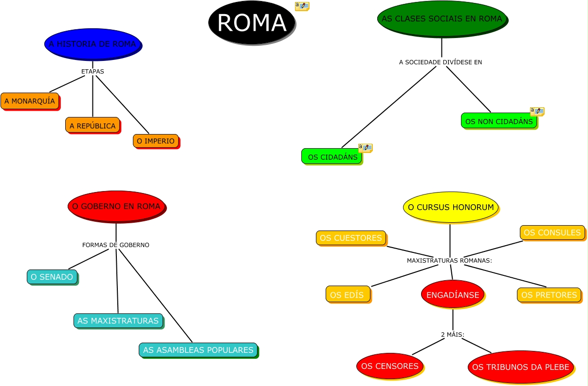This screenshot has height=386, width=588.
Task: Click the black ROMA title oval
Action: pyautogui.click(x=252, y=22)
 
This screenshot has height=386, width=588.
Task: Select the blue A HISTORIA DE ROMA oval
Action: pyautogui.click(x=92, y=44)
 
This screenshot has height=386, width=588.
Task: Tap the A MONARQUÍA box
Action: pyautogui.click(x=30, y=101)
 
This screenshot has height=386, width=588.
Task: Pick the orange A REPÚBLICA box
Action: pyautogui.click(x=92, y=125)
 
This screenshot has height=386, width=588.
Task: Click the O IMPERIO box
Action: pyautogui.click(x=156, y=141)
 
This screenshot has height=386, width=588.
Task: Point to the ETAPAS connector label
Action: pyautogui.click(x=92, y=71)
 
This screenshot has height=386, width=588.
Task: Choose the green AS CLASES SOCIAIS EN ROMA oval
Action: pyautogui.click(x=441, y=19)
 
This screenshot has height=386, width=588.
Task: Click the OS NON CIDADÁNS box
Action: pyautogui.click(x=499, y=121)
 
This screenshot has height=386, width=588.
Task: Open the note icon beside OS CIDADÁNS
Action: pyautogui.click(x=365, y=148)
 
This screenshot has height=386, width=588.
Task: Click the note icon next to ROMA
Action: pyautogui.click(x=302, y=6)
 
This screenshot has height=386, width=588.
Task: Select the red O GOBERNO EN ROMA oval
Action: pyautogui.click(x=116, y=206)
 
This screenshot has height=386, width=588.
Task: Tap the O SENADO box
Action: pyautogui.click(x=52, y=277)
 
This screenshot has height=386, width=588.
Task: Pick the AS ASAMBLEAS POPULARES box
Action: pyautogui.click(x=198, y=350)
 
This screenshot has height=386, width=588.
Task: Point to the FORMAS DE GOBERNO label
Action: pyautogui.click(x=116, y=245)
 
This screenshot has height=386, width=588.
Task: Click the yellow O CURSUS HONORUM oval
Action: pyautogui.click(x=451, y=207)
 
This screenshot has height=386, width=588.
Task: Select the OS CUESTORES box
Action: pyautogui.click(x=351, y=238)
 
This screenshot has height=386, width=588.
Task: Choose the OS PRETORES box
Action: pyautogui.click(x=549, y=294)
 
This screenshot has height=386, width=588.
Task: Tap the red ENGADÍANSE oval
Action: pyautogui.click(x=453, y=294)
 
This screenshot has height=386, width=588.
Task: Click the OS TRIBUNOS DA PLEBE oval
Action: pyautogui.click(x=520, y=367)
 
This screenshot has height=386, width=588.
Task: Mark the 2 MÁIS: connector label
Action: pyautogui.click(x=453, y=335)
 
